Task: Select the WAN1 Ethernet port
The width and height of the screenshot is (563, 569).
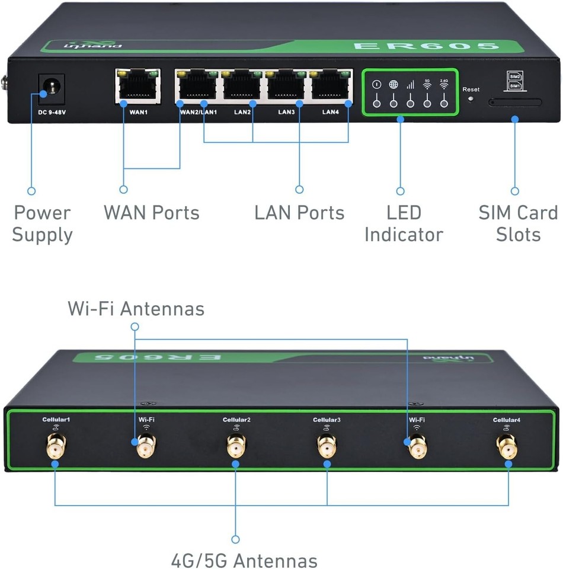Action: click(138, 85)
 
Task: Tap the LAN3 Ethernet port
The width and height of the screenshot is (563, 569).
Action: click(287, 85)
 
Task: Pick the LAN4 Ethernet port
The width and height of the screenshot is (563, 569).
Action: click(330, 85)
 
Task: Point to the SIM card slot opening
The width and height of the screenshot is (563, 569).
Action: click(514, 103)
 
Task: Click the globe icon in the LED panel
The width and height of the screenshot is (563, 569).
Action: click(393, 85)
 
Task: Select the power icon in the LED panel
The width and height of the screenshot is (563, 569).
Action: click(376, 85)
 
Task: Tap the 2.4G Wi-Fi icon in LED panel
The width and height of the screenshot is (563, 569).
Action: click(444, 84)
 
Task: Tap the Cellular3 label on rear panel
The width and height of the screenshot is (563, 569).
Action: click(327, 420)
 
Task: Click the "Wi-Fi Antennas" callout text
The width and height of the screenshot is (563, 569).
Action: click(136, 309)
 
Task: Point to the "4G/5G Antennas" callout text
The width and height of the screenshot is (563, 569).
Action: click(244, 560)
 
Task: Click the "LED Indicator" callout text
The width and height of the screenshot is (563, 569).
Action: click(404, 223)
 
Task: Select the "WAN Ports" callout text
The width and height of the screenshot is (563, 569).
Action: click(152, 213)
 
